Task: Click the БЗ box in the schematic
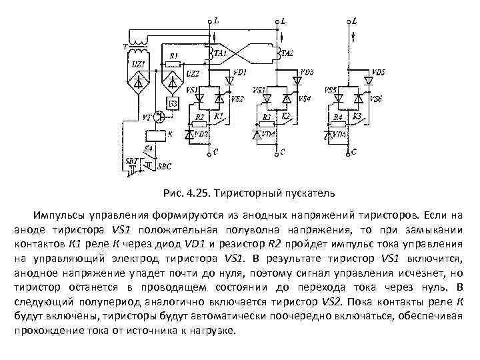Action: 171,103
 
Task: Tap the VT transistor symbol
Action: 159,117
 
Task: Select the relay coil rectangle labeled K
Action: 159,134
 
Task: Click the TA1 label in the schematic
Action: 221,53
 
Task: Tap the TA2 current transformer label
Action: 287,53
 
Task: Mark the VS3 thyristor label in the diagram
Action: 259,89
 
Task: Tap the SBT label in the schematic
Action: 131,161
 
